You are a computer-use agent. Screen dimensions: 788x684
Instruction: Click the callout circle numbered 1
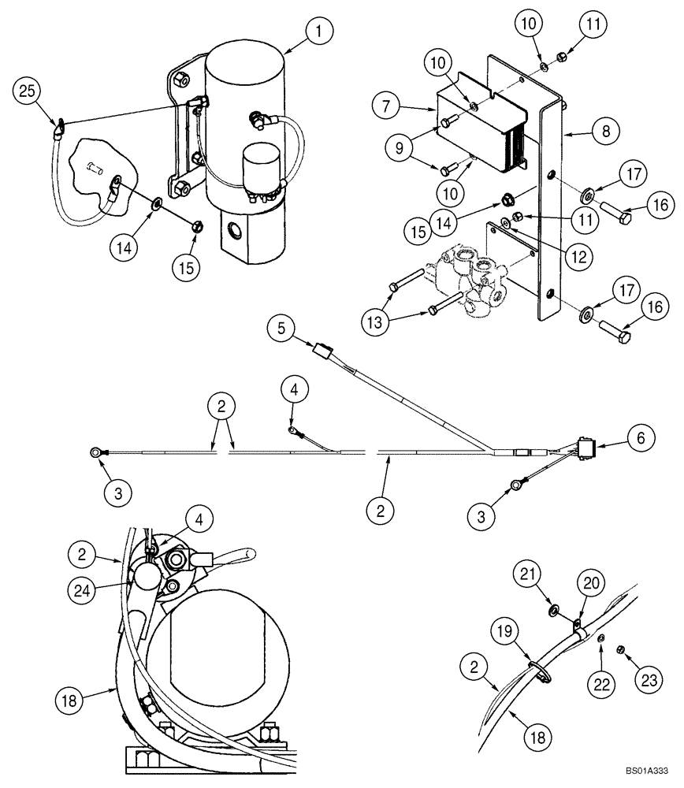[x=319, y=34]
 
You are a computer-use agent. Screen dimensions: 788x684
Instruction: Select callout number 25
[x=27, y=92]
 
